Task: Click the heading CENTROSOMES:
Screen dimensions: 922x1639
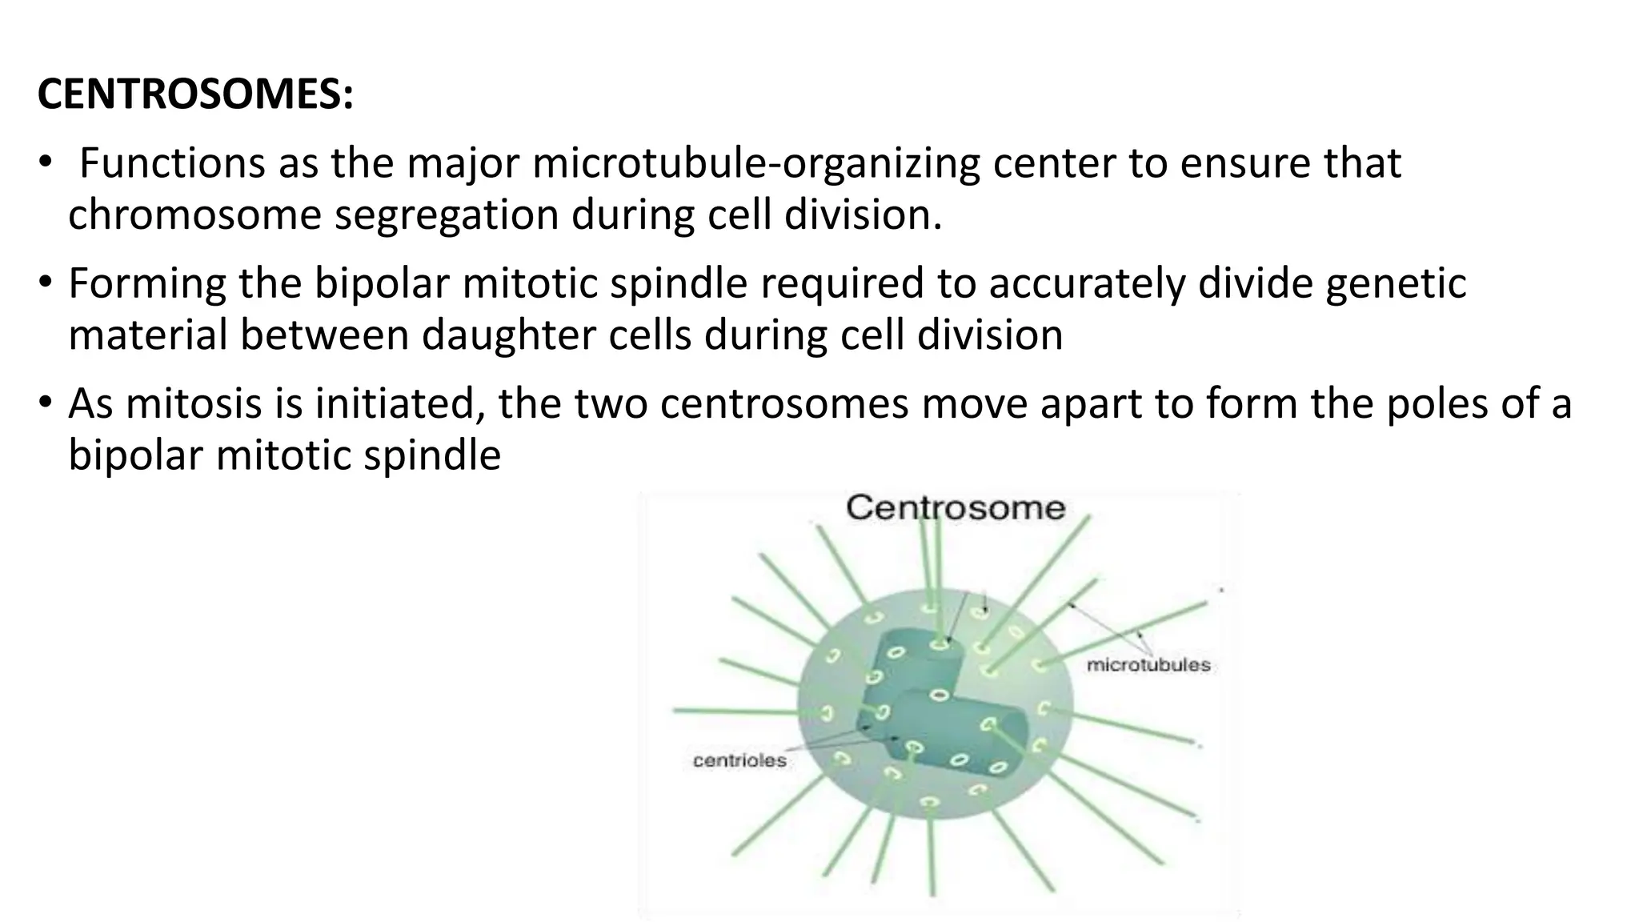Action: [x=195, y=95]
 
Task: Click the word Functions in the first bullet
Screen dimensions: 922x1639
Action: [x=172, y=163]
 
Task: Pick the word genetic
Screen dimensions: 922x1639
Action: [x=1396, y=283]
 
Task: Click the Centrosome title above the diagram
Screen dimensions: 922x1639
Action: [x=956, y=507]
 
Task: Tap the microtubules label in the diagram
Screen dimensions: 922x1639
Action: [x=1148, y=665]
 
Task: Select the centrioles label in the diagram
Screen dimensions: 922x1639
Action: [x=739, y=761]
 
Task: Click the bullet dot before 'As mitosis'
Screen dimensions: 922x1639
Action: [x=46, y=400]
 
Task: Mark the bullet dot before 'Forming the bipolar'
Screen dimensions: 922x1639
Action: [x=46, y=280]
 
